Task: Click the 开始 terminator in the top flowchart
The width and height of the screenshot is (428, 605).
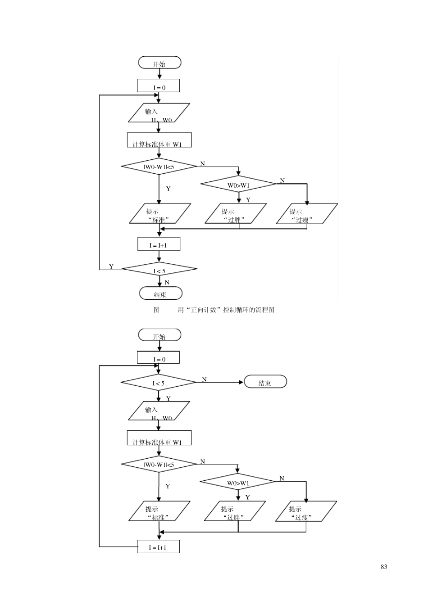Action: click(x=159, y=63)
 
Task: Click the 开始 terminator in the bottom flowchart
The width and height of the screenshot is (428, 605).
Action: click(x=159, y=335)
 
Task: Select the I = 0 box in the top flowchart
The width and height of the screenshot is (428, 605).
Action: click(x=159, y=86)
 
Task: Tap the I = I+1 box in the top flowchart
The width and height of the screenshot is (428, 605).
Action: click(x=159, y=244)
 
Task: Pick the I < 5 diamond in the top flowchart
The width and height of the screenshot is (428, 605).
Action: click(x=159, y=270)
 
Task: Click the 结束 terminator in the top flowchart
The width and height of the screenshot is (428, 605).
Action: click(x=160, y=293)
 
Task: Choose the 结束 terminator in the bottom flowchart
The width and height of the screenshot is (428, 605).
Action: click(x=265, y=382)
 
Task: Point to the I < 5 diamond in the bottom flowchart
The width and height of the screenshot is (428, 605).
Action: click(x=159, y=383)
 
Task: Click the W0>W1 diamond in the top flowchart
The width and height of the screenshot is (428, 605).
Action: click(x=238, y=184)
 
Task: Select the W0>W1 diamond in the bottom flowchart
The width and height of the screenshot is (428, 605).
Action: click(x=238, y=482)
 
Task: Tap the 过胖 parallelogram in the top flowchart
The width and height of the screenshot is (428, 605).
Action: click(x=235, y=214)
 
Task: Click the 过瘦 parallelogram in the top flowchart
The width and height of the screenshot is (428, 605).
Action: click(x=306, y=214)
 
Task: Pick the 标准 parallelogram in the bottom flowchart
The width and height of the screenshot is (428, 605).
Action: click(x=159, y=511)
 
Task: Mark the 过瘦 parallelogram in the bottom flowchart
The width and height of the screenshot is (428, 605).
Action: click(x=306, y=511)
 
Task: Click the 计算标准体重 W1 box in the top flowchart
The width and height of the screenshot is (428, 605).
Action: click(x=159, y=140)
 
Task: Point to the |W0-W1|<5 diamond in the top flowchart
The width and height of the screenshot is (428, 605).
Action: click(x=159, y=167)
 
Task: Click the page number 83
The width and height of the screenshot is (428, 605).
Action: click(x=384, y=567)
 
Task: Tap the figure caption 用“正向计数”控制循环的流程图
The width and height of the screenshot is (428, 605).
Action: click(x=226, y=310)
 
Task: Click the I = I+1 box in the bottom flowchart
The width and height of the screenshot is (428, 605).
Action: click(x=158, y=546)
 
